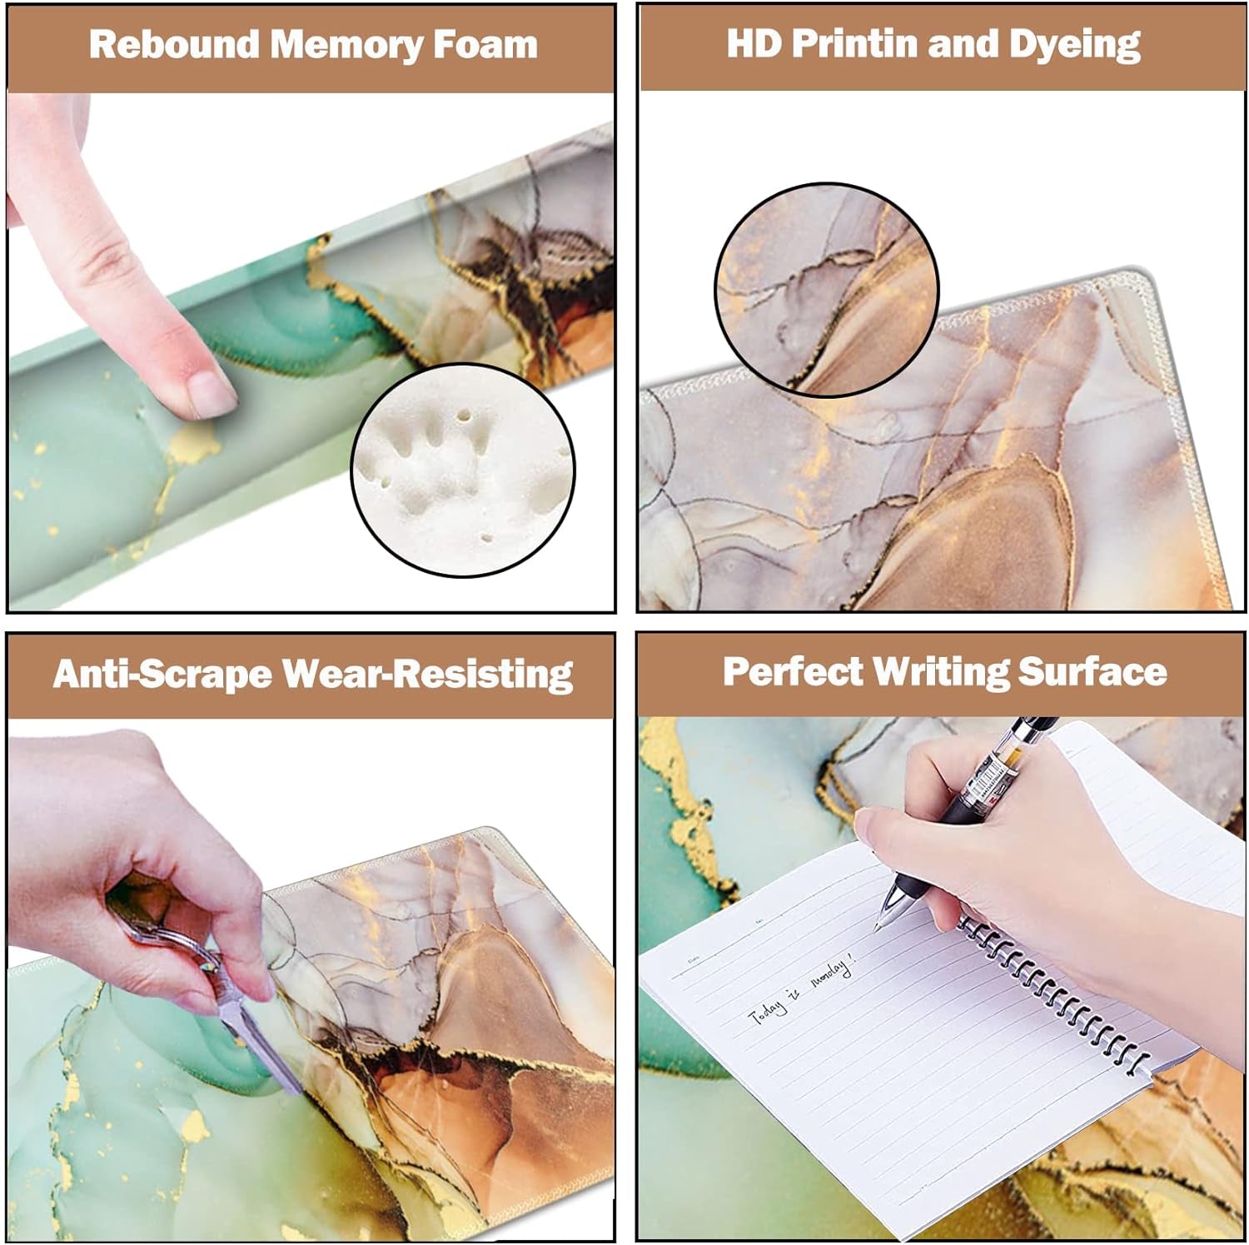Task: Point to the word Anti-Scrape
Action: pyautogui.click(x=162, y=674)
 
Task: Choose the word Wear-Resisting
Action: pyautogui.click(x=428, y=674)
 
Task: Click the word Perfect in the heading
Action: pyautogui.click(x=792, y=671)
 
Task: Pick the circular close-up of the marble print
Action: pyautogui.click(x=826, y=288)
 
